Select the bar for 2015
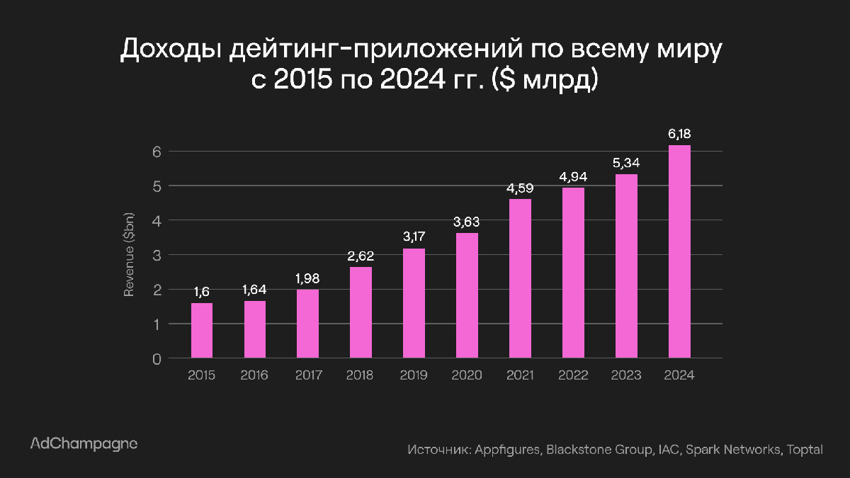(x=202, y=331)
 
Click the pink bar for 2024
(x=679, y=252)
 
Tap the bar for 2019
(x=414, y=304)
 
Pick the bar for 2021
(x=520, y=279)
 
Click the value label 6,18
(x=679, y=132)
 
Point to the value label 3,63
(x=467, y=222)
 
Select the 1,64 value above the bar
(x=255, y=290)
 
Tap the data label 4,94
(x=573, y=176)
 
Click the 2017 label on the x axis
(x=307, y=375)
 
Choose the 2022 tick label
(x=573, y=375)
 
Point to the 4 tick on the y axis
(x=157, y=221)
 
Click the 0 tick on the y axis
(x=157, y=359)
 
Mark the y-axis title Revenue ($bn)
(x=130, y=256)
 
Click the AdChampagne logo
(x=84, y=444)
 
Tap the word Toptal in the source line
(x=804, y=450)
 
